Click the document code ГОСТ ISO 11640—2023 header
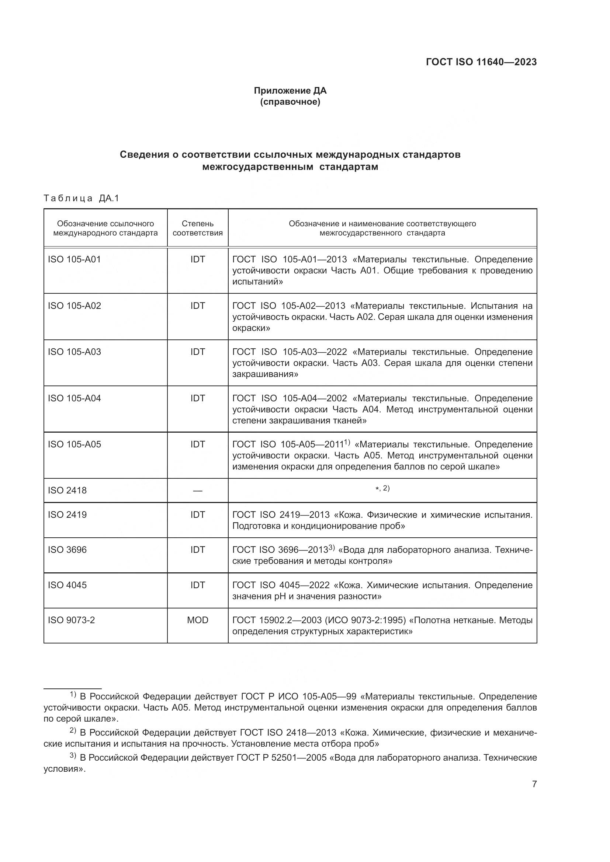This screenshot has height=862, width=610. pos(481,62)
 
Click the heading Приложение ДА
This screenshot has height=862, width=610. pos(290,91)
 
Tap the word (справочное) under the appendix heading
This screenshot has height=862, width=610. pos(290,102)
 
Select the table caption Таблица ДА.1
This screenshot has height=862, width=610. pos(81,198)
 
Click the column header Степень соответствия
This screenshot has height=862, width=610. pos(198,228)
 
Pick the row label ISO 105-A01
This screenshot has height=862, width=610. pos(74,259)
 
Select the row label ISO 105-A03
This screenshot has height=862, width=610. pos(74,352)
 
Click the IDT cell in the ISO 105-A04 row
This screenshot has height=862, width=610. pos(198,398)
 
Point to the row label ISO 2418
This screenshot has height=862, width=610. pos(67,490)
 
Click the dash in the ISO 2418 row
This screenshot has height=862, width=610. pos(198,491)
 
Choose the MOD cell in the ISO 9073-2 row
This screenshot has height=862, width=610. pos(198,620)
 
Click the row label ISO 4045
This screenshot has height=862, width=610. pos(67,585)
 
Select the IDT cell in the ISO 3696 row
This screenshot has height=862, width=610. pos(198,549)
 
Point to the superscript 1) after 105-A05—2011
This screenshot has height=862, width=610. pos(347,443)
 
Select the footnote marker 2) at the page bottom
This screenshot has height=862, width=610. pos(73,730)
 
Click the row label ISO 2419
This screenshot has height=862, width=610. pos(67,515)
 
